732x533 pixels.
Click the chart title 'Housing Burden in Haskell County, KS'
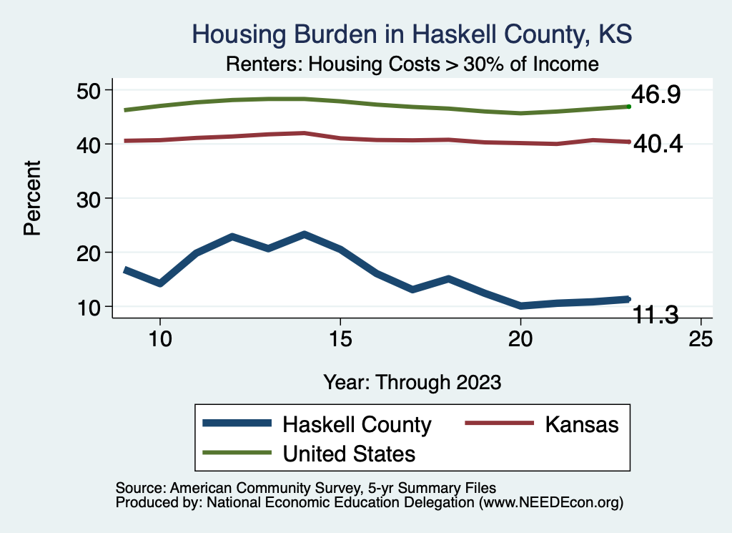pos(412,34)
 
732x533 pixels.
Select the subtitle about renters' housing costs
pos(412,64)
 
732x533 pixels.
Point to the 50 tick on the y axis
pos(91,90)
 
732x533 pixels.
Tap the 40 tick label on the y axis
pos(91,145)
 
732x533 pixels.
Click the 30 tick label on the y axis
pos(91,198)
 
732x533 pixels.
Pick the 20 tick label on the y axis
pos(91,253)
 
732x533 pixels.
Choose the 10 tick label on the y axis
pos(91,307)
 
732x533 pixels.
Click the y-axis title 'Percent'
pos(32,198)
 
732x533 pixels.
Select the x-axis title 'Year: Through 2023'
pos(412,381)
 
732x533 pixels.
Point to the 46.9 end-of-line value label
pos(655,94)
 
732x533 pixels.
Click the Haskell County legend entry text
pos(357,424)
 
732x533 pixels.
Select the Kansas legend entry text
pos(581,424)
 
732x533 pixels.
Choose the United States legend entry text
pos(349,453)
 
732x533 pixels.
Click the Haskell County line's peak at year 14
pos(305,234)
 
